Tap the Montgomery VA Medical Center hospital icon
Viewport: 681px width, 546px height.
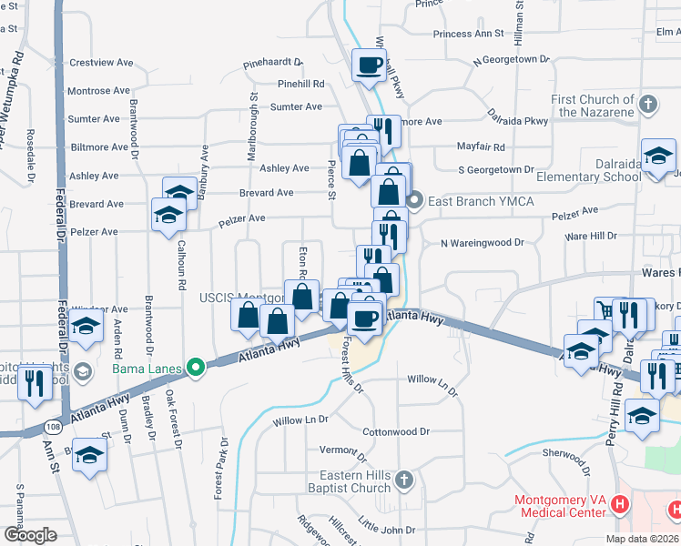coord(620,503)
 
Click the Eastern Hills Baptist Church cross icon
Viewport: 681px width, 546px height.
coord(405,479)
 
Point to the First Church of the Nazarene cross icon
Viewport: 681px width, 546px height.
coord(648,102)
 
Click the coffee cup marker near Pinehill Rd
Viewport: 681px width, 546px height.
coord(370,65)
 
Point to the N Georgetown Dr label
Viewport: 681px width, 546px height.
coord(512,61)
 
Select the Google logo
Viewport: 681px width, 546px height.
coord(31,534)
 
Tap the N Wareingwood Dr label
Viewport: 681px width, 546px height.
coord(483,243)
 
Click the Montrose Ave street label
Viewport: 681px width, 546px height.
coord(98,91)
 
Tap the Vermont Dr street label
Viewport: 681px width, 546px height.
coord(342,450)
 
